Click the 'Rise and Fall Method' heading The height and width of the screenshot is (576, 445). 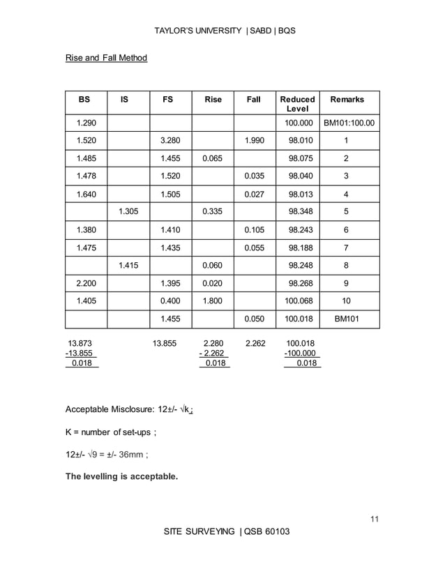coord(106,58)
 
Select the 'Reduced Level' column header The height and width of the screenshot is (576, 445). coord(297,105)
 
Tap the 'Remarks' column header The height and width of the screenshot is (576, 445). coord(347,100)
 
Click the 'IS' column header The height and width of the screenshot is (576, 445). coord(124,100)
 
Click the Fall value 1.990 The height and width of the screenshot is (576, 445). coord(254,141)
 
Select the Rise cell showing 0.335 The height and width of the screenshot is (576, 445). coord(212,211)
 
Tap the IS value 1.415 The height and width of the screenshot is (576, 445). coord(129,265)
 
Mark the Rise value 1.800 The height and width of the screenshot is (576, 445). coord(212,301)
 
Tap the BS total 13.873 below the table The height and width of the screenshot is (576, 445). coord(80,343)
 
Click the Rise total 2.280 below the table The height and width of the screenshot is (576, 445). coord(213,343)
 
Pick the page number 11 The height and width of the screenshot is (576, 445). coord(375,519)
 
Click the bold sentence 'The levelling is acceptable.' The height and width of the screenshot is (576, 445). coord(121,477)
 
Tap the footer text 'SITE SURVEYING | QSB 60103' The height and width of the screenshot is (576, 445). coord(226,532)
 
